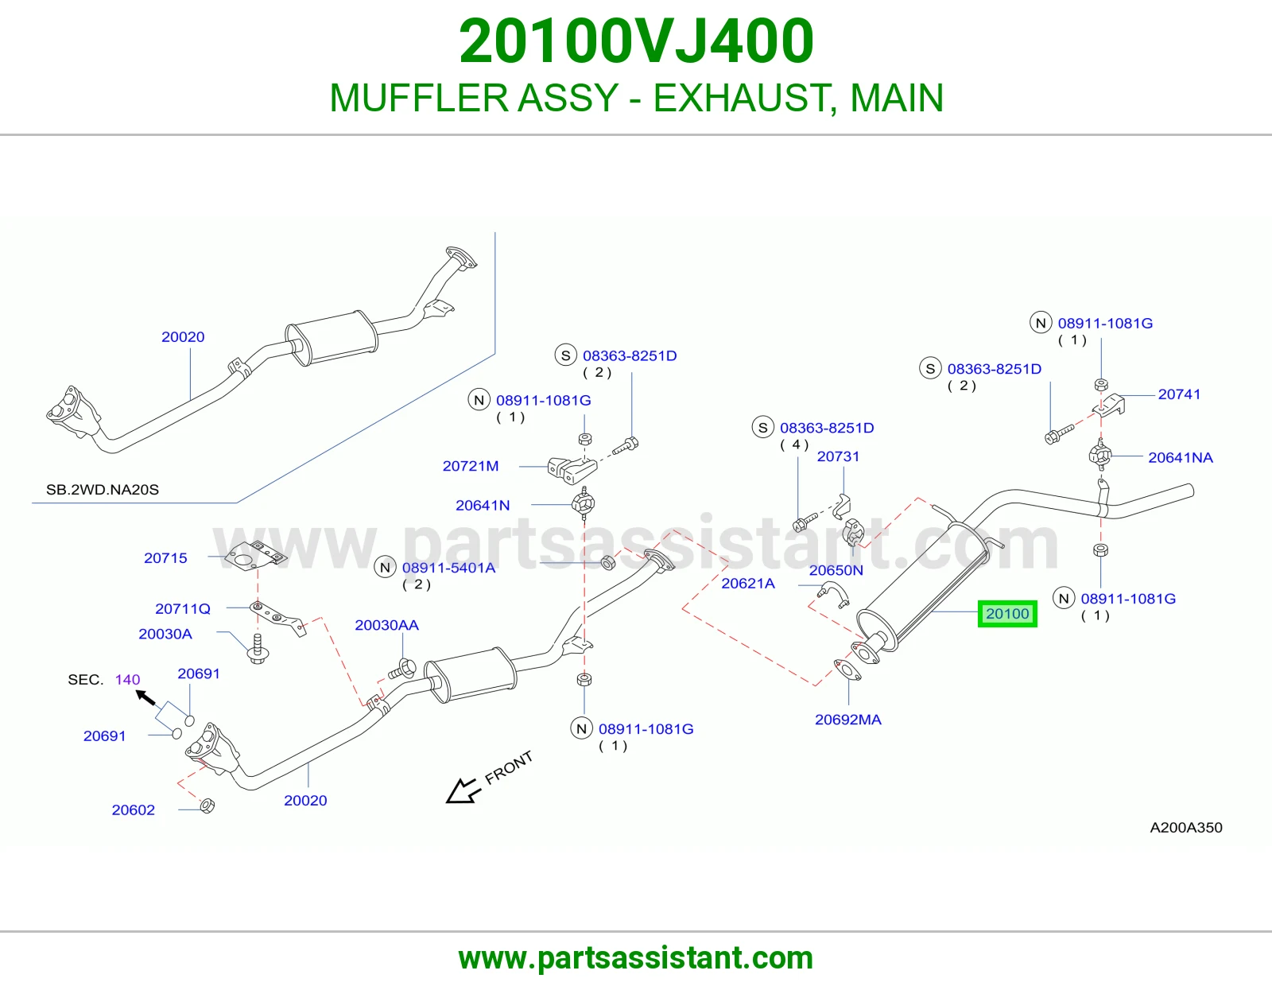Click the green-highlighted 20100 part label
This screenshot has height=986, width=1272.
pyautogui.click(x=1006, y=614)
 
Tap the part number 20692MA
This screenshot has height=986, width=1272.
pyautogui.click(x=847, y=720)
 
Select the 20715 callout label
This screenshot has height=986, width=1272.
pyautogui.click(x=165, y=558)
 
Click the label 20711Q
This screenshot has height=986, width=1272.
pyautogui.click(x=183, y=608)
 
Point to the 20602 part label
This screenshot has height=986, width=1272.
pyautogui.click(x=134, y=809)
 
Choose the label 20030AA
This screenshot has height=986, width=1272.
pyautogui.click(x=387, y=625)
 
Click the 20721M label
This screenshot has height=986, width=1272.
pyautogui.click(x=471, y=465)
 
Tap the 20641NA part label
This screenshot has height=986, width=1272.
pyautogui.click(x=1180, y=457)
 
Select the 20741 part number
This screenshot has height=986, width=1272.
pyautogui.click(x=1179, y=394)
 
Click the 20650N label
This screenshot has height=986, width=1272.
pyautogui.click(x=836, y=569)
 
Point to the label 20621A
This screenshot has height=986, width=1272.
pyautogui.click(x=748, y=583)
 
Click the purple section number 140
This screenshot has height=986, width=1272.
pyautogui.click(x=128, y=679)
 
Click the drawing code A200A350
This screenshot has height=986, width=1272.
pyautogui.click(x=1186, y=827)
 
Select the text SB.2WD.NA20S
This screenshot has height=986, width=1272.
pyautogui.click(x=103, y=490)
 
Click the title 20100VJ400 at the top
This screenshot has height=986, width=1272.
pyautogui.click(x=636, y=41)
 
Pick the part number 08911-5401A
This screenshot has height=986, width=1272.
pyautogui.click(x=448, y=568)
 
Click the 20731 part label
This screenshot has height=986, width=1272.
pyautogui.click(x=838, y=456)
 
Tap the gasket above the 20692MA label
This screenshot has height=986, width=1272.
pyautogui.click(x=847, y=670)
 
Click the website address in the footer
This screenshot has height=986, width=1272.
pyautogui.click(x=636, y=958)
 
